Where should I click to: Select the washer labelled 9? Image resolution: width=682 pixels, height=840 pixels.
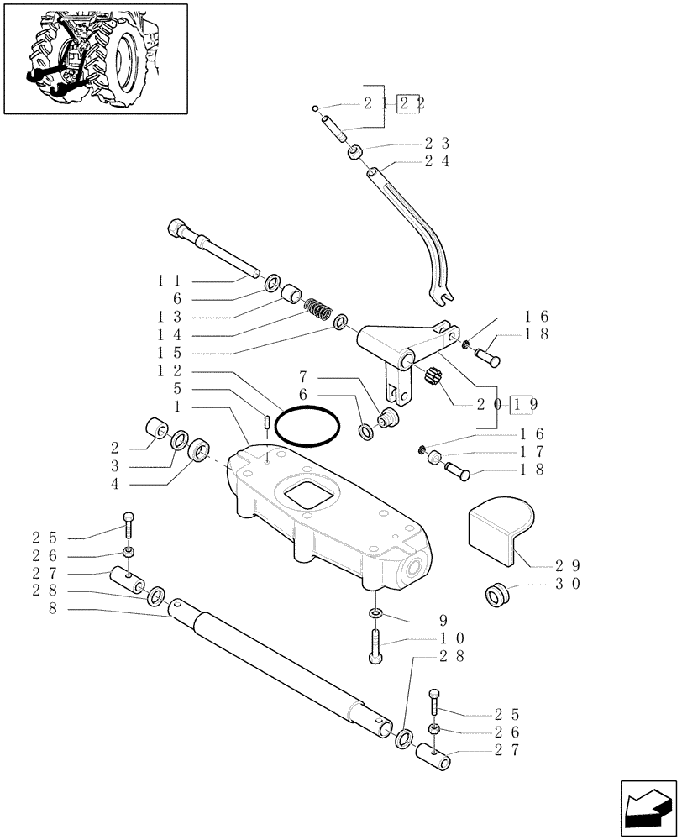(x=375, y=615)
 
